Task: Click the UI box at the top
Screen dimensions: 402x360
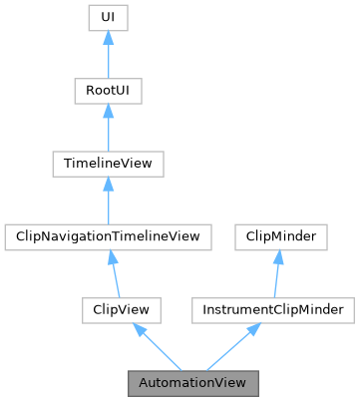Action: point(108,18)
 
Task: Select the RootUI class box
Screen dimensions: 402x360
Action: point(108,92)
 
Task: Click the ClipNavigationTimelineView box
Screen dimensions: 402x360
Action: point(108,237)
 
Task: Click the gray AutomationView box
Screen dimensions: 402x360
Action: point(193,383)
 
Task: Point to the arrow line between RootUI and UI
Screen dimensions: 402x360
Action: point(108,60)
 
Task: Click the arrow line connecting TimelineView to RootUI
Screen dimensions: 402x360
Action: point(108,133)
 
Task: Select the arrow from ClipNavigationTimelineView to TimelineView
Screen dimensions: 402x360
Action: point(108,205)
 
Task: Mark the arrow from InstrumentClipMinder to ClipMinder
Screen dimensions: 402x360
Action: point(274,278)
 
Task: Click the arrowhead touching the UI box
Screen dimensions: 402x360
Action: point(108,38)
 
